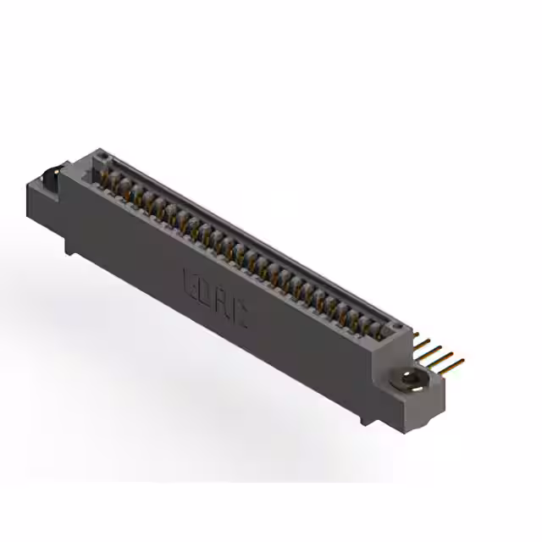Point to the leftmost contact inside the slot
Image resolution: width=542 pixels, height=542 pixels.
click(108, 178)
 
